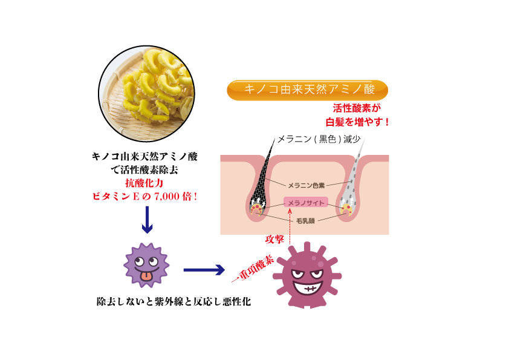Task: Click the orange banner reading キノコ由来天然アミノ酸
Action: pyautogui.click(x=307, y=90)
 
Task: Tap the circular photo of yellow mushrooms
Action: pyautogui.click(x=146, y=93)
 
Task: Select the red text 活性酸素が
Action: pyautogui.click(x=357, y=108)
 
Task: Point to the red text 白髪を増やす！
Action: pyautogui.click(x=358, y=122)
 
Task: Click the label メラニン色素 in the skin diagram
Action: pyautogui.click(x=306, y=185)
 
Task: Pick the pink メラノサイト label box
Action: pyautogui.click(x=306, y=203)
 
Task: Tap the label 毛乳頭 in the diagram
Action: pyautogui.click(x=305, y=221)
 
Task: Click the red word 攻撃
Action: pyautogui.click(x=274, y=240)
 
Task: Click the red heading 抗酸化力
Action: pyautogui.click(x=144, y=183)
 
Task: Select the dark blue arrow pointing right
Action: pyautogui.click(x=204, y=269)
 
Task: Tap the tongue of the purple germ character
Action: pyautogui.click(x=146, y=277)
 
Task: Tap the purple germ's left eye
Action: pyautogui.click(x=140, y=262)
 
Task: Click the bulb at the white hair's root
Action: pyautogui.click(x=347, y=209)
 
